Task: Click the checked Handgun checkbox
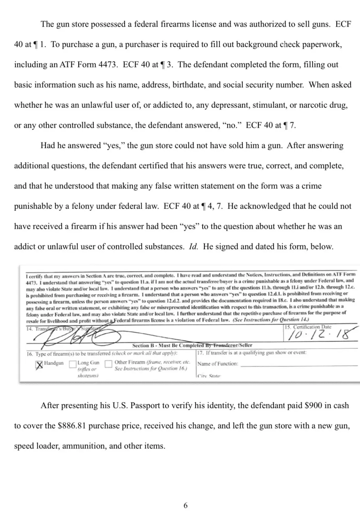click(39, 365)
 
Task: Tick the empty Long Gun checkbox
click(72, 364)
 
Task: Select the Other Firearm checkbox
click(108, 364)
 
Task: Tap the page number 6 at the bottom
click(185, 505)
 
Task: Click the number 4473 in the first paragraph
click(107, 65)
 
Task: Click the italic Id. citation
click(193, 246)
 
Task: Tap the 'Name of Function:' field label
click(218, 364)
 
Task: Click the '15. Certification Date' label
click(308, 327)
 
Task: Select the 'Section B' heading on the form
click(192, 345)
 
